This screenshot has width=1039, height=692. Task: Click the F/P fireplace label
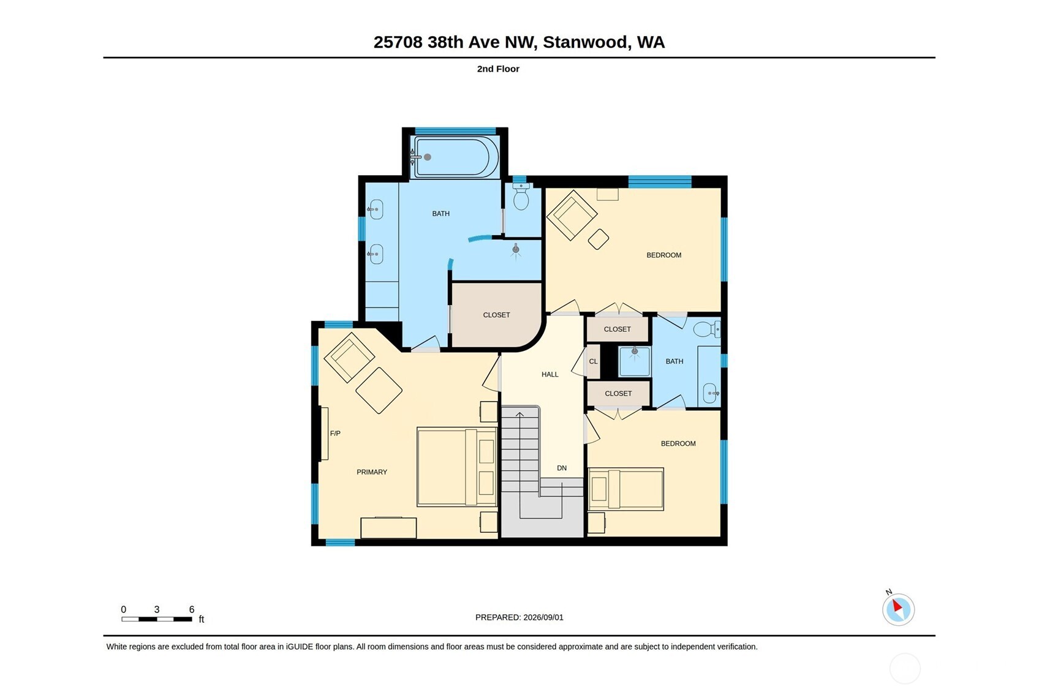click(x=335, y=434)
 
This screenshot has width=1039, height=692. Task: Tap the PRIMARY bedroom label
click(x=371, y=472)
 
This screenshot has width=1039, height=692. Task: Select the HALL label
click(x=550, y=374)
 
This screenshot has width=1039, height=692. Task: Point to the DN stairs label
click(x=561, y=468)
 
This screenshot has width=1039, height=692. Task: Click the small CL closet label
click(x=593, y=361)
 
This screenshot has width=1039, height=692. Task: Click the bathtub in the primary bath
click(x=456, y=157)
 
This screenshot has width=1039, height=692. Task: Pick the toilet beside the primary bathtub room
click(x=521, y=197)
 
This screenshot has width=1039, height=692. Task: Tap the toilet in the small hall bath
click(x=706, y=329)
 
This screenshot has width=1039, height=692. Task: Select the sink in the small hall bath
click(x=711, y=393)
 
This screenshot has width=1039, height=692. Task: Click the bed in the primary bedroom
click(x=457, y=467)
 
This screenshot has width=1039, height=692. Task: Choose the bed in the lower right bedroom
click(x=625, y=489)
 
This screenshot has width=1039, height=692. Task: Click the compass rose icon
click(x=898, y=609)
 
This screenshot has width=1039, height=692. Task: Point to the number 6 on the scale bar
click(x=192, y=609)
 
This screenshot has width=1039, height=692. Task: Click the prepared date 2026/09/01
click(x=543, y=617)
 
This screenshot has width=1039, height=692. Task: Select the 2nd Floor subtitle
click(x=498, y=69)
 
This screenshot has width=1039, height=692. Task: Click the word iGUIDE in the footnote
click(x=300, y=647)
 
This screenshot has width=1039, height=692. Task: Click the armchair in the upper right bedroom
click(x=572, y=215)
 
